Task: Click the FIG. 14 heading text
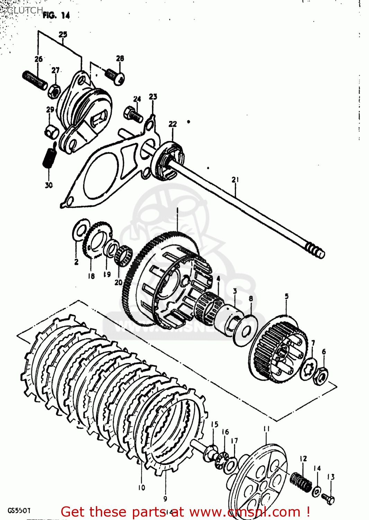tap(56, 15)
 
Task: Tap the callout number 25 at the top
tap(63, 34)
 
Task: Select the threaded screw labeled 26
tap(35, 80)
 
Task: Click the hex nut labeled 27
tap(54, 90)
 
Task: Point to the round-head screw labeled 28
tap(115, 76)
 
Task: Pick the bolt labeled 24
tap(133, 114)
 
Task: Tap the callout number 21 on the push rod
tap(235, 180)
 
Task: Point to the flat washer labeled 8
tap(245, 330)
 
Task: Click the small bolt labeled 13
tap(328, 499)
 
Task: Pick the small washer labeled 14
tap(316, 492)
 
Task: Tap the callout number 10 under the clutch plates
tap(142, 487)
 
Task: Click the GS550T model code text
tap(19, 511)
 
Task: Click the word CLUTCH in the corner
tap(25, 10)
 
